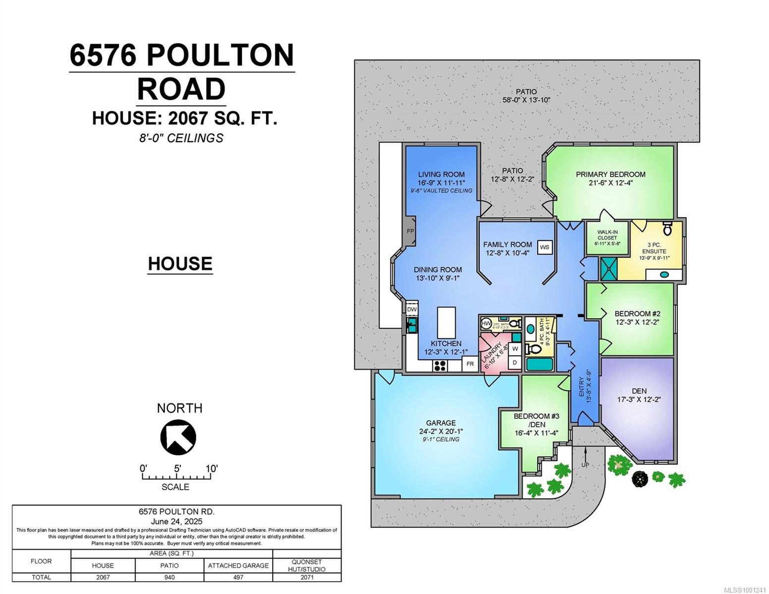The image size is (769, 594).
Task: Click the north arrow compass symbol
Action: click(x=178, y=437)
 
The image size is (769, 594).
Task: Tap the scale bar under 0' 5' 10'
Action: click(x=176, y=477)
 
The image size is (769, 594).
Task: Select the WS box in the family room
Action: click(x=545, y=247)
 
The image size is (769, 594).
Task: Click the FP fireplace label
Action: click(x=410, y=231)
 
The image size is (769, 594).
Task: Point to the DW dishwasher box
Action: click(x=412, y=309)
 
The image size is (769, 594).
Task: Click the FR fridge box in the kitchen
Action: click(x=470, y=364)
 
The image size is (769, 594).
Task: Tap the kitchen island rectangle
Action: click(x=446, y=322)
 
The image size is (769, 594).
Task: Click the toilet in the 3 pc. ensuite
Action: click(x=667, y=228)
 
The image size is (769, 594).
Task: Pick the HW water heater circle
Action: click(x=486, y=324)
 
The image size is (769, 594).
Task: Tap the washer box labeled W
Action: click(x=515, y=348)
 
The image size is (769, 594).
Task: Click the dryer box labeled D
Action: click(x=515, y=363)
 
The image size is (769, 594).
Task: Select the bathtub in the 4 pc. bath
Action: click(x=539, y=365)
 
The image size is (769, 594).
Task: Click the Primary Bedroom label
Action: click(x=610, y=174)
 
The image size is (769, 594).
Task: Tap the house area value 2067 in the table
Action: click(x=103, y=577)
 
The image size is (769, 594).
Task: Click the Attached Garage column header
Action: click(x=238, y=565)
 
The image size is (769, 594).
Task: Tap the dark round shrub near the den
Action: click(x=640, y=479)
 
